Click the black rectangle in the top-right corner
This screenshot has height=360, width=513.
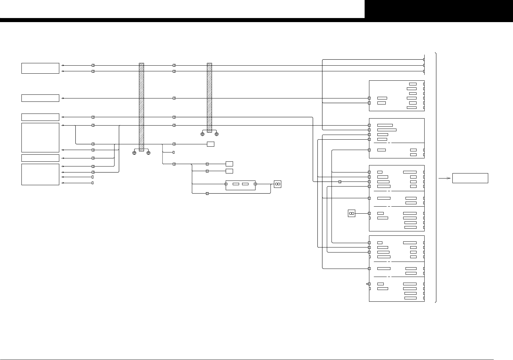439,9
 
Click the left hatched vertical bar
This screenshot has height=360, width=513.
141,107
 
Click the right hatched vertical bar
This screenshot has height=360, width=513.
210,97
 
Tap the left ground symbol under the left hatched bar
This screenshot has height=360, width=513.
134,153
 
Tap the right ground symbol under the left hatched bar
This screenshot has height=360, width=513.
148,153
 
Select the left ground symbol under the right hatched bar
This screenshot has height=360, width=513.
202,134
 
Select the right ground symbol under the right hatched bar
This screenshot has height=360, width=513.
217,134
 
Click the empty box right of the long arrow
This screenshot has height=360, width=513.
470,178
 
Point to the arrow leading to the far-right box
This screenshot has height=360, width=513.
444,178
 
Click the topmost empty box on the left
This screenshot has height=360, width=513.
40,68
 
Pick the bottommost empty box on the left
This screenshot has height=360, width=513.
40,174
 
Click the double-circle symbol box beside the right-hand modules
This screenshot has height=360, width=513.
351,213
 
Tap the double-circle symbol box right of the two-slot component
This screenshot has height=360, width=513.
277,184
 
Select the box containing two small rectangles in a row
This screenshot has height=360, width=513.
240,185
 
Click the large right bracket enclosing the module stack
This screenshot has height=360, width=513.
436,177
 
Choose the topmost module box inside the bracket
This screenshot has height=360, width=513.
396,95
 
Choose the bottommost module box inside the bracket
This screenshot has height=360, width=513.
396,268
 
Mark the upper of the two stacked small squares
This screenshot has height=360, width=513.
229,164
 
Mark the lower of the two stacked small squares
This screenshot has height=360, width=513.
229,171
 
